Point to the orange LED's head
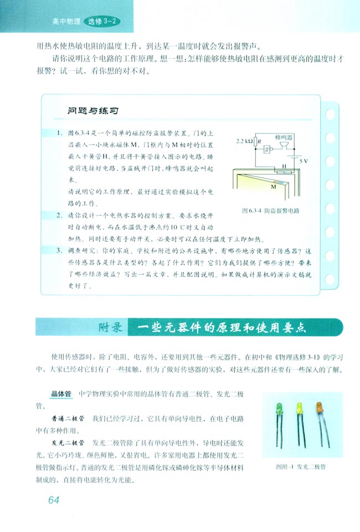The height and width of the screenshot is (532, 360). pyautogui.click(x=320, y=409)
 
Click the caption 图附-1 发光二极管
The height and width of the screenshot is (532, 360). pyautogui.click(x=300, y=467)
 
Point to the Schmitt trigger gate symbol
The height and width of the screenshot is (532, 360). pyautogui.click(x=268, y=149)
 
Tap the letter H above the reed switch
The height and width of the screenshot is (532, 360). pyautogui.click(x=284, y=165)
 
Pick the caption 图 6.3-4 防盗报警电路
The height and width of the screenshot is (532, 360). pyautogui.click(x=270, y=211)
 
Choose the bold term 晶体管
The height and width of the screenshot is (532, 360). pyautogui.click(x=59, y=393)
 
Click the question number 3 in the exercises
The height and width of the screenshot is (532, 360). pyautogui.click(x=59, y=250)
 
